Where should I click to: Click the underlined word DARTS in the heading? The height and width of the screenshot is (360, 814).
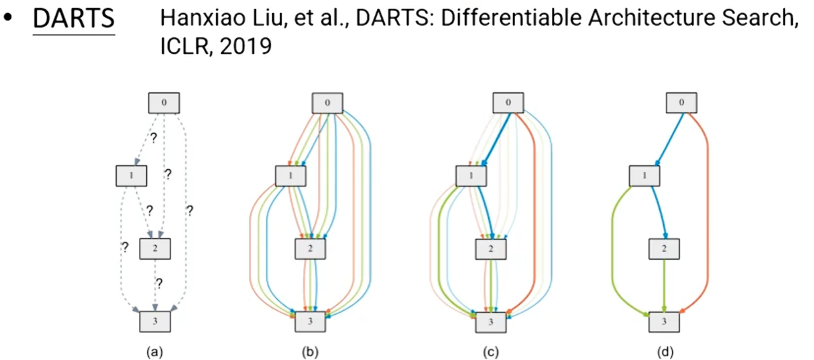pyautogui.click(x=73, y=20)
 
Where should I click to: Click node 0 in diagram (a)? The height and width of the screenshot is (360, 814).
pyautogui.click(x=163, y=103)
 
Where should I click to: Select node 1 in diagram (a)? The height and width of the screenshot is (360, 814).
pyautogui.click(x=131, y=176)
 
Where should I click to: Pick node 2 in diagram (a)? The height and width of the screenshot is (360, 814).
pyautogui.click(x=155, y=249)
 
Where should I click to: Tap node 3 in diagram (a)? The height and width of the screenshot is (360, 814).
pyautogui.click(x=155, y=321)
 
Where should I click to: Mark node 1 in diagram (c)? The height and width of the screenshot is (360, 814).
pyautogui.click(x=471, y=176)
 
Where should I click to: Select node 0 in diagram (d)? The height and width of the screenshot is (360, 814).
pyautogui.click(x=682, y=103)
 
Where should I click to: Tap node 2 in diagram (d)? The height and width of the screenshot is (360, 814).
pyautogui.click(x=665, y=249)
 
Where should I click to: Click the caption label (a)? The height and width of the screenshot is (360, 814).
pyautogui.click(x=155, y=352)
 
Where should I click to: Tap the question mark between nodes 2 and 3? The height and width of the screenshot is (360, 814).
pyautogui.click(x=158, y=284)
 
